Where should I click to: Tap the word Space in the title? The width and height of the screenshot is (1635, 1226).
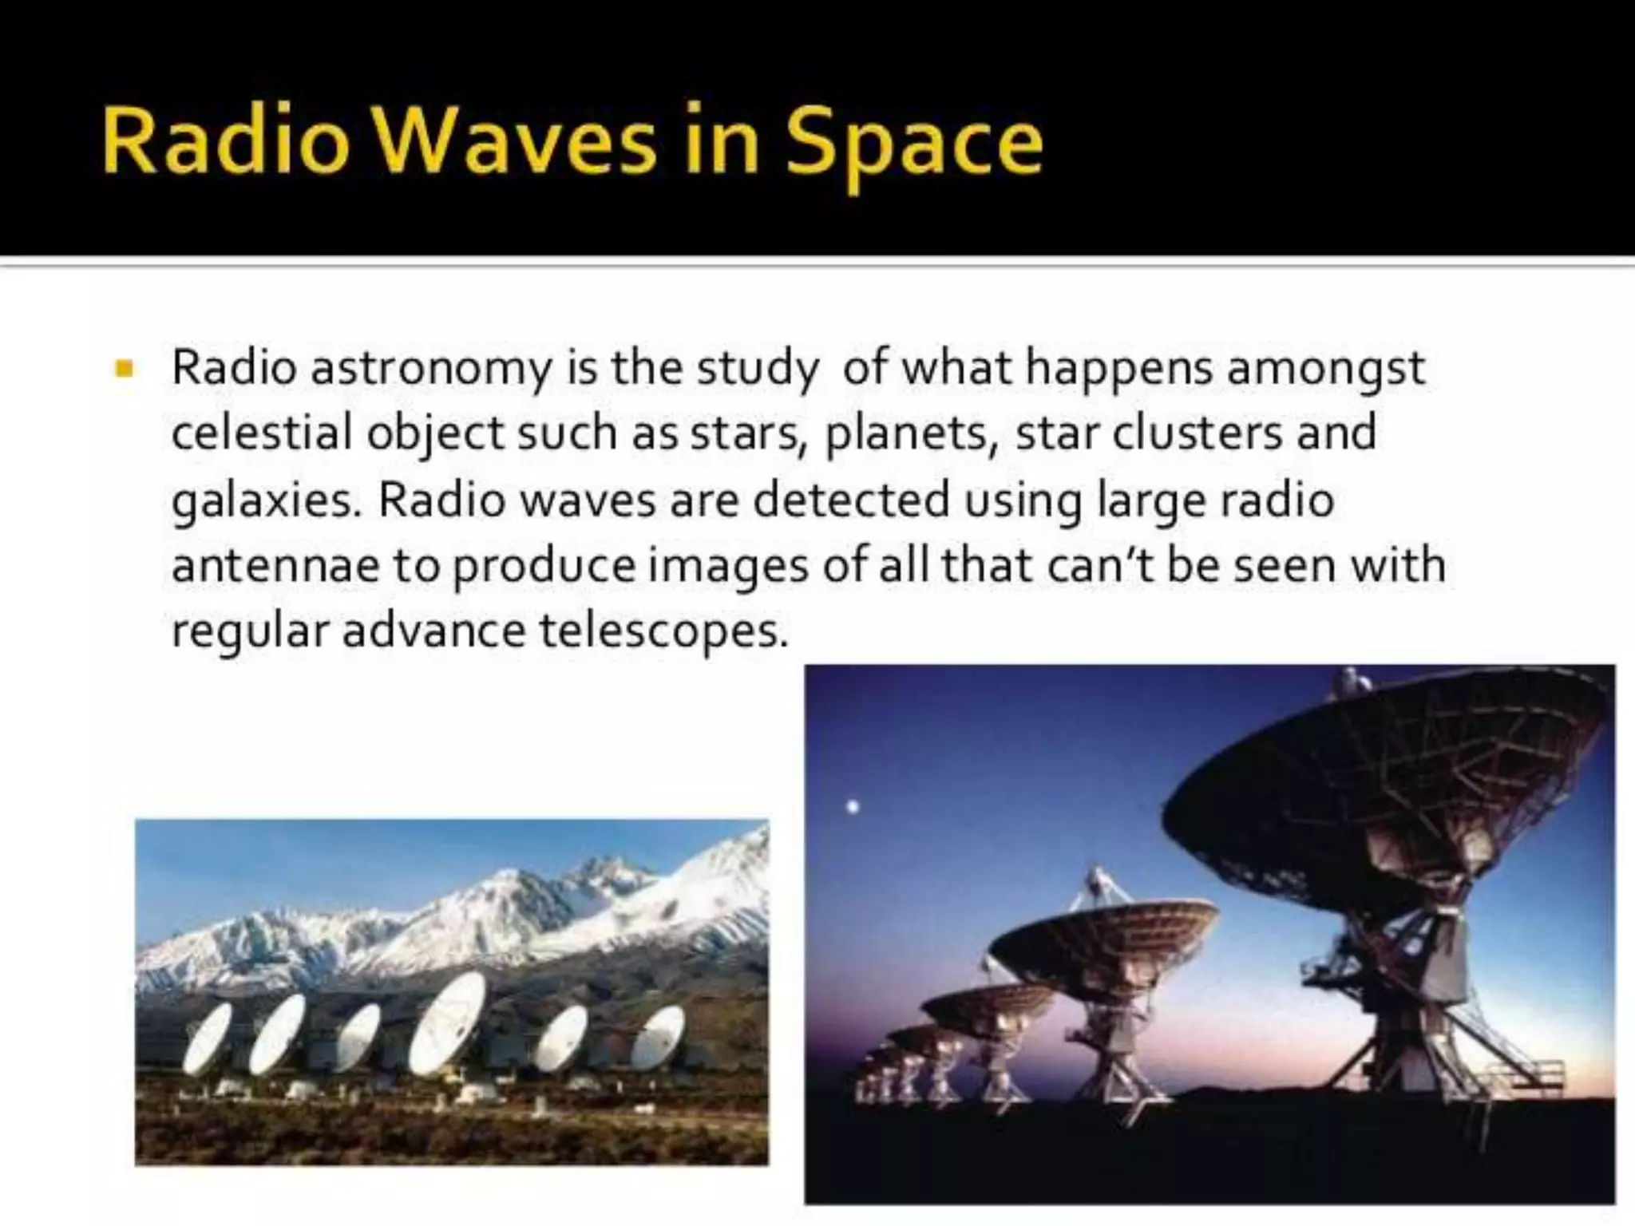pos(913,144)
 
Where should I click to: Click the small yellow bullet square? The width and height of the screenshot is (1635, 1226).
pos(125,369)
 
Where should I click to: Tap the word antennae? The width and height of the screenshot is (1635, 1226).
pos(275,566)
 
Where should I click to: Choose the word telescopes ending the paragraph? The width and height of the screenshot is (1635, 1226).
pos(658,631)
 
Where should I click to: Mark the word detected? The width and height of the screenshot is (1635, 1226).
pos(851,500)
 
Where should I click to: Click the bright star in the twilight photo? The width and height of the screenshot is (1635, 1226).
pos(853,807)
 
